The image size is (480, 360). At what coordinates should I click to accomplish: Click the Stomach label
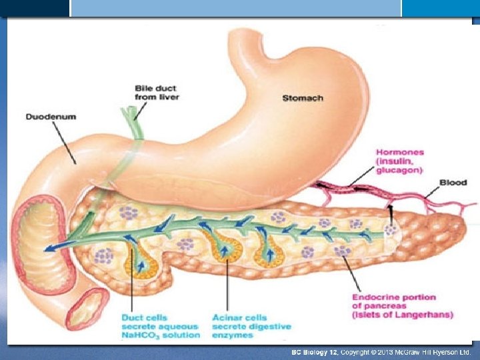(x=303, y=98)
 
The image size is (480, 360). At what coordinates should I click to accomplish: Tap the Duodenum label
(x=51, y=117)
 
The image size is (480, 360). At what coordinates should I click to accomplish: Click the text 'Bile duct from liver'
(x=157, y=92)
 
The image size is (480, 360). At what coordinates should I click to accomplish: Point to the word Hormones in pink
(x=400, y=152)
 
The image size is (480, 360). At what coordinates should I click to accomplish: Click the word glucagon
(x=399, y=171)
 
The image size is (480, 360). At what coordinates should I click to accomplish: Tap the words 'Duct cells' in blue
(x=145, y=317)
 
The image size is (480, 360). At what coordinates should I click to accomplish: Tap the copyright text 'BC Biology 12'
(x=315, y=352)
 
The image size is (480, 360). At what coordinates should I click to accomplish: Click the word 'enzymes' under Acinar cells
(x=231, y=335)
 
